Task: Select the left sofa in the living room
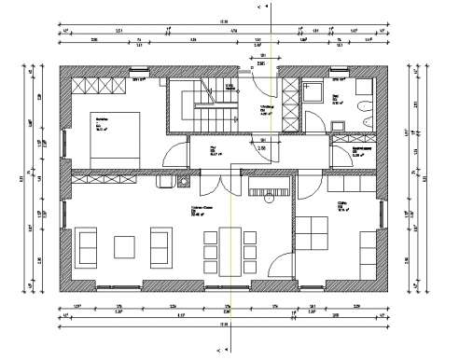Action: (x=89, y=246)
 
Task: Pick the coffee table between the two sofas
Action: (x=125, y=246)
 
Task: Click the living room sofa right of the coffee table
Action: (x=160, y=246)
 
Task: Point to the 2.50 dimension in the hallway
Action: (x=261, y=148)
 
